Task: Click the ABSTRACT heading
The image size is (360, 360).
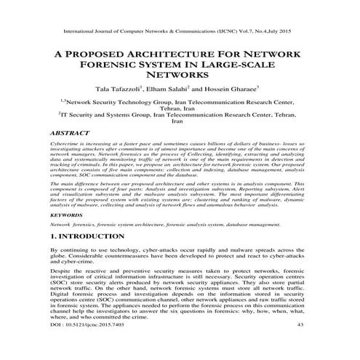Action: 68,135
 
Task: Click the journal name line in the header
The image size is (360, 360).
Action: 180,32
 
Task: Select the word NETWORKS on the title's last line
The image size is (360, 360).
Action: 180,81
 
